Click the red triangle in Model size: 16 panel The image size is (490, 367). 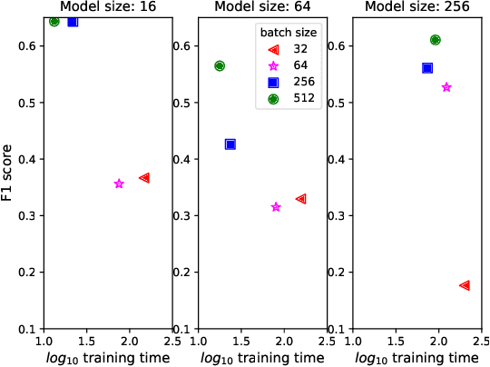[144, 178]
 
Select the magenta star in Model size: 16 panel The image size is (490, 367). [119, 183]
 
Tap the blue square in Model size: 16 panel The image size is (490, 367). [73, 21]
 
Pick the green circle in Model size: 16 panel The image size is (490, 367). [54, 21]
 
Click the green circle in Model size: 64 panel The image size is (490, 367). [220, 66]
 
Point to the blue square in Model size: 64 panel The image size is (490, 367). [230, 144]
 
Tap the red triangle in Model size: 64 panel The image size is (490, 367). [301, 199]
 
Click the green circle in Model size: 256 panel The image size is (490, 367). [436, 40]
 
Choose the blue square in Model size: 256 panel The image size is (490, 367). [427, 68]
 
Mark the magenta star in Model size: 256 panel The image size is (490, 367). [446, 87]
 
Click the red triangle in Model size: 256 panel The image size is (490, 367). [465, 285]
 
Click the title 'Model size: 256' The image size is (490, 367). [407, 6]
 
